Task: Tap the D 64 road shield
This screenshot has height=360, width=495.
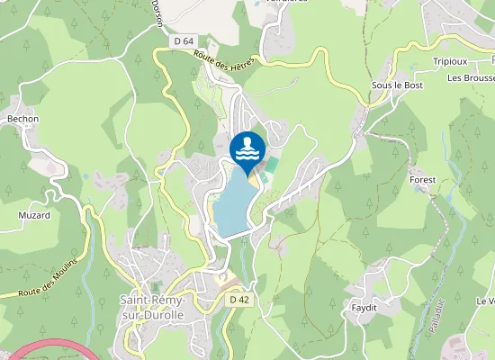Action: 184,41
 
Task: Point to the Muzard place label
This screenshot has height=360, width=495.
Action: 33,215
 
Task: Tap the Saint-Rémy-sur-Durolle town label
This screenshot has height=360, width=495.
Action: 153,307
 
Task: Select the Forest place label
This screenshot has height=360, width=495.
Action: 422,180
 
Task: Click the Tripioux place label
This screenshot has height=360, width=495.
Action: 450,62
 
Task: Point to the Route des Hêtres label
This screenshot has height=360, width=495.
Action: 225,58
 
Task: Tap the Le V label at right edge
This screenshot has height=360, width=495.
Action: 486,301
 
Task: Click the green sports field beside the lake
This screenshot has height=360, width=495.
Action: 271,166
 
